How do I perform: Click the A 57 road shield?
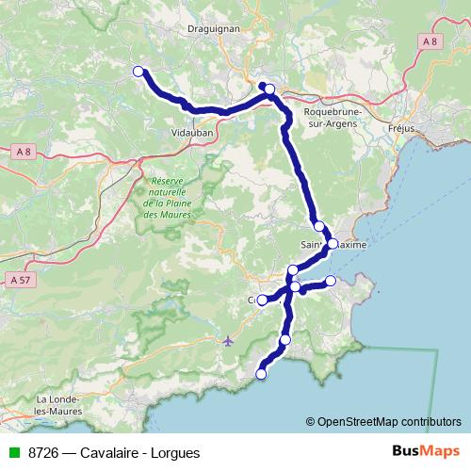(x=17, y=280)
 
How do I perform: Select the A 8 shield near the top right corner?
(x=430, y=41)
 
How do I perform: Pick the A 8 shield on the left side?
(x=24, y=150)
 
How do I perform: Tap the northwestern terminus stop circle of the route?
(x=138, y=72)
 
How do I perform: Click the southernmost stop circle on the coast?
(x=261, y=374)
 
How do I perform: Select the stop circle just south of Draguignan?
(x=269, y=89)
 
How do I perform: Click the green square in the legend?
(x=14, y=452)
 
